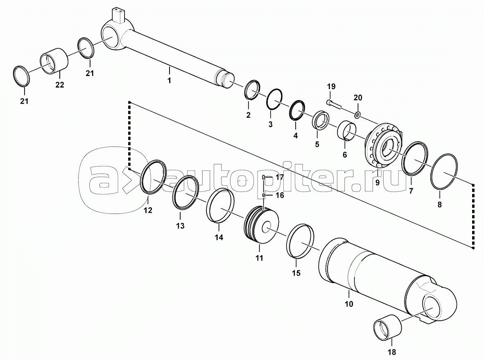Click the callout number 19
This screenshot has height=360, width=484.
[x=331, y=86]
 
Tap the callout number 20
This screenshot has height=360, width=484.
[x=358, y=98]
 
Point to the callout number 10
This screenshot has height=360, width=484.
[x=348, y=304]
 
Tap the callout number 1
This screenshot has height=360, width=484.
[x=169, y=81]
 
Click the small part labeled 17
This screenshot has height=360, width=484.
[x=265, y=177]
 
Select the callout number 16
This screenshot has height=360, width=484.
[x=280, y=196]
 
